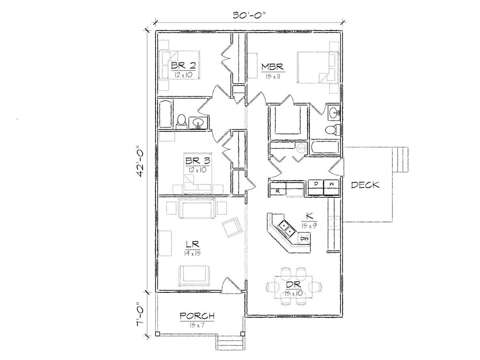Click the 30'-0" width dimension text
[249, 16]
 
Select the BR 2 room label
[183, 65]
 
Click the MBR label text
[272, 66]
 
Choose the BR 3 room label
[198, 161]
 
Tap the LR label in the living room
[192, 244]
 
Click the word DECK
[365, 185]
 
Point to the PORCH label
[197, 316]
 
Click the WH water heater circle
[301, 148]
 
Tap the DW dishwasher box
[304, 238]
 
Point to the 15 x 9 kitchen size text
[309, 226]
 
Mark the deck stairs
[400, 160]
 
